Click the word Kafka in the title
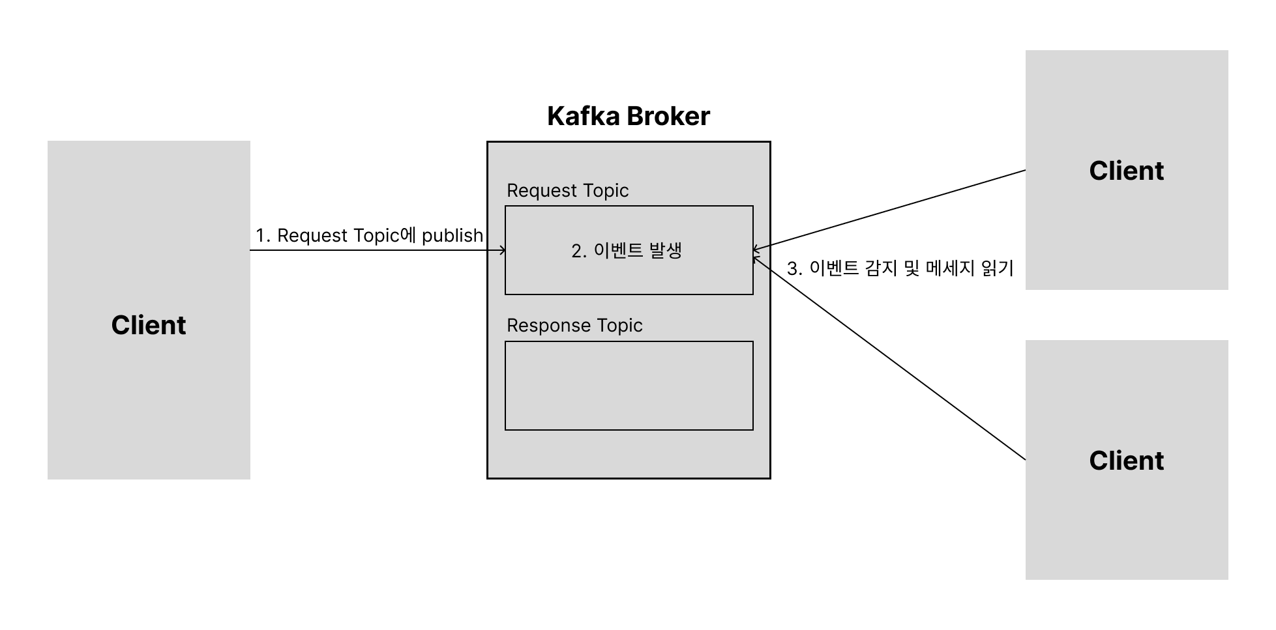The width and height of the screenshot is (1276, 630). pyautogui.click(x=583, y=116)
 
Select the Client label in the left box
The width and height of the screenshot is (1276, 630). pyautogui.click(x=149, y=325)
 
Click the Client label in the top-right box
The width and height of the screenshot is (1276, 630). pyautogui.click(x=1126, y=171)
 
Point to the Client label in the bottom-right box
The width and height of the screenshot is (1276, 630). pyautogui.click(x=1126, y=461)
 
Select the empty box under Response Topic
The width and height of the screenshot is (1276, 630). pyautogui.click(x=629, y=386)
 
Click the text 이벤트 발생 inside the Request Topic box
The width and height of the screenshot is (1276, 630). pyautogui.click(x=638, y=251)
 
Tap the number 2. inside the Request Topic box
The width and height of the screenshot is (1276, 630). pyautogui.click(x=579, y=251)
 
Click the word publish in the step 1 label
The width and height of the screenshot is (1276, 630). pyautogui.click(x=453, y=235)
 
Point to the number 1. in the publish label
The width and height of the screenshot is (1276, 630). pyautogui.click(x=262, y=236)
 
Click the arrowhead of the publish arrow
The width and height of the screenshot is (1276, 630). pyautogui.click(x=502, y=250)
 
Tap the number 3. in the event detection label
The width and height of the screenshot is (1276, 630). pyautogui.click(x=794, y=268)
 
